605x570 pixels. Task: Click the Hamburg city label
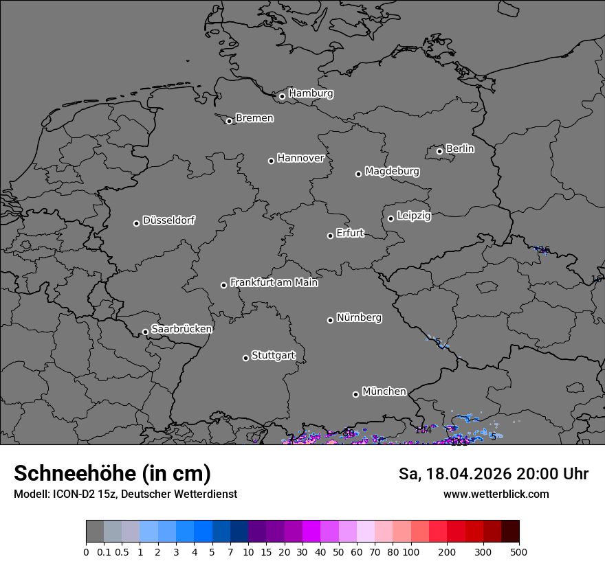click(x=311, y=93)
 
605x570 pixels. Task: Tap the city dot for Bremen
click(x=229, y=121)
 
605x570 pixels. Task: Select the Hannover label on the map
click(x=300, y=158)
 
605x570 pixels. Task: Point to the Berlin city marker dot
click(x=439, y=151)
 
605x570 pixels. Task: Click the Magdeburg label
click(x=392, y=171)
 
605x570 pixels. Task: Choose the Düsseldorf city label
click(x=168, y=220)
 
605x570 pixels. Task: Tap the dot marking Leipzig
click(x=390, y=218)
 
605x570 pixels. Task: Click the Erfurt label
click(x=350, y=233)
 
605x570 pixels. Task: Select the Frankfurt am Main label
click(x=274, y=282)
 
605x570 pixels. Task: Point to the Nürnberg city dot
click(x=330, y=319)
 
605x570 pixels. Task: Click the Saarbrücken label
click(x=181, y=329)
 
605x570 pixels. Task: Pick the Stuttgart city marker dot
click(x=245, y=358)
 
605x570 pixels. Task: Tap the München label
click(x=384, y=391)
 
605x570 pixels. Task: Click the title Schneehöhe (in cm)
click(x=112, y=473)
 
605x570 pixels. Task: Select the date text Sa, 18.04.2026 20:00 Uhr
click(x=494, y=474)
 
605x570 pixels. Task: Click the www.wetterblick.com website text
click(x=496, y=494)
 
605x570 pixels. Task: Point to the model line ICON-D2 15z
click(x=125, y=494)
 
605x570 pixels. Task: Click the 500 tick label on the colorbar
click(x=519, y=551)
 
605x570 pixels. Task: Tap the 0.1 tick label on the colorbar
click(x=104, y=551)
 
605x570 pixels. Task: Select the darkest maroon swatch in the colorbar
click(x=510, y=532)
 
